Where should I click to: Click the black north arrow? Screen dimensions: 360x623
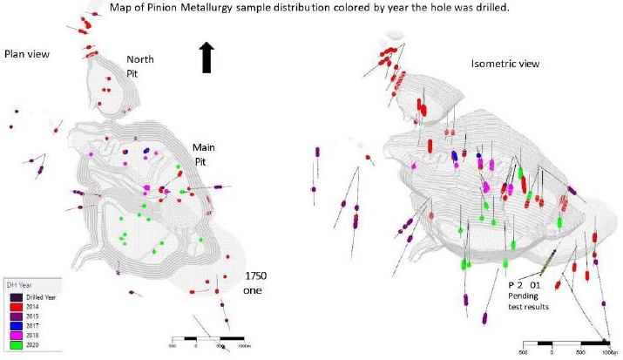tap(207, 58)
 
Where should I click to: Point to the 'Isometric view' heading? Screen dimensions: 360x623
tap(504, 64)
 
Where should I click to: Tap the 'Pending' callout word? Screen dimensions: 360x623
tap(524, 296)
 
